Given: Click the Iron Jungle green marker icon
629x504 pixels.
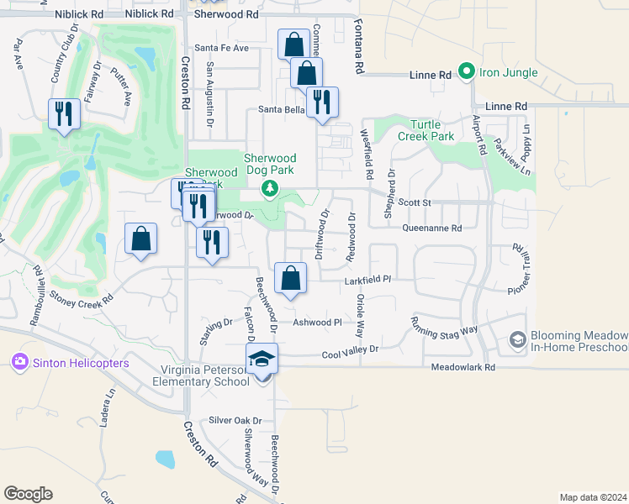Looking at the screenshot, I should coord(467,72).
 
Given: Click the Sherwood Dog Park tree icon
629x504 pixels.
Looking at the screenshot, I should coord(270,188).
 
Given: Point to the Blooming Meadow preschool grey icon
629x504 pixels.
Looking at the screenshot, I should coord(518,339).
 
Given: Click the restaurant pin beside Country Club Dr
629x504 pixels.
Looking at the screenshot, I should coord(64,112).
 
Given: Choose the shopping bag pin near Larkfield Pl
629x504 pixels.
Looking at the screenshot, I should coord(290,277).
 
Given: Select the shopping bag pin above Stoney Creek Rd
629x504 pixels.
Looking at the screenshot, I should coord(140,238).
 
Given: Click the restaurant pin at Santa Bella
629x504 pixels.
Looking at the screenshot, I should coord(322,102).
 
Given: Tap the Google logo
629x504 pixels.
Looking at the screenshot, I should coord(28,494).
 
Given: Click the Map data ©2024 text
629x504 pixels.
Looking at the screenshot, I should coord(593,497).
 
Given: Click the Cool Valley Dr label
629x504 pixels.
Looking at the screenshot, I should coord(351,354).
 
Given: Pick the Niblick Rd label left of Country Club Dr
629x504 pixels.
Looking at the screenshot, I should coord(80,15).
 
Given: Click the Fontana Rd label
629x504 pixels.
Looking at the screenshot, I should coord(359,47).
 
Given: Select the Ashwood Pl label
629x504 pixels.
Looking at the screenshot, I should coord(317,322).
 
